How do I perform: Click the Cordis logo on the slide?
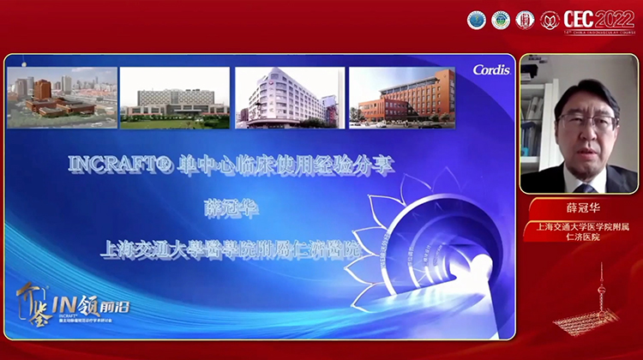pyautogui.click(x=490, y=69)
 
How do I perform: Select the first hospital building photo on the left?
pyautogui.click(x=62, y=98)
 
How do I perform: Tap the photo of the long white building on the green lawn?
pyautogui.click(x=175, y=99)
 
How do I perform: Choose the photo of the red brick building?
pyautogui.click(x=401, y=99)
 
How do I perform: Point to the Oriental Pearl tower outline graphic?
pyautogui.click(x=601, y=296)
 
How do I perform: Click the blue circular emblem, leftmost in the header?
pyautogui.click(x=476, y=19)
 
